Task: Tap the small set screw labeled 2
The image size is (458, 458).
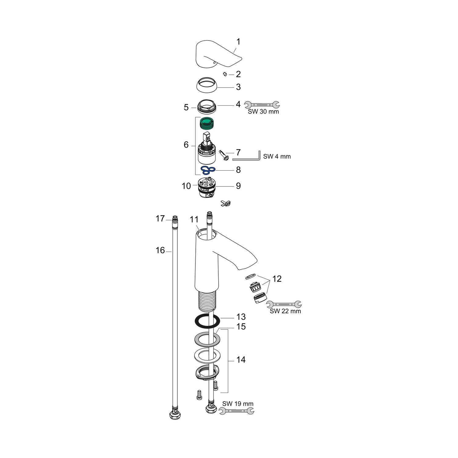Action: click(x=225, y=74)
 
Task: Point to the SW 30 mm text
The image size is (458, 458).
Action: click(x=263, y=112)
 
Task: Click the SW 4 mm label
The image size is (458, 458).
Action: click(x=277, y=157)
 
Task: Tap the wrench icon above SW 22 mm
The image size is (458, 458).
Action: click(x=284, y=304)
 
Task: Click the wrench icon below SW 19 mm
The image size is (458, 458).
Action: click(x=236, y=411)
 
